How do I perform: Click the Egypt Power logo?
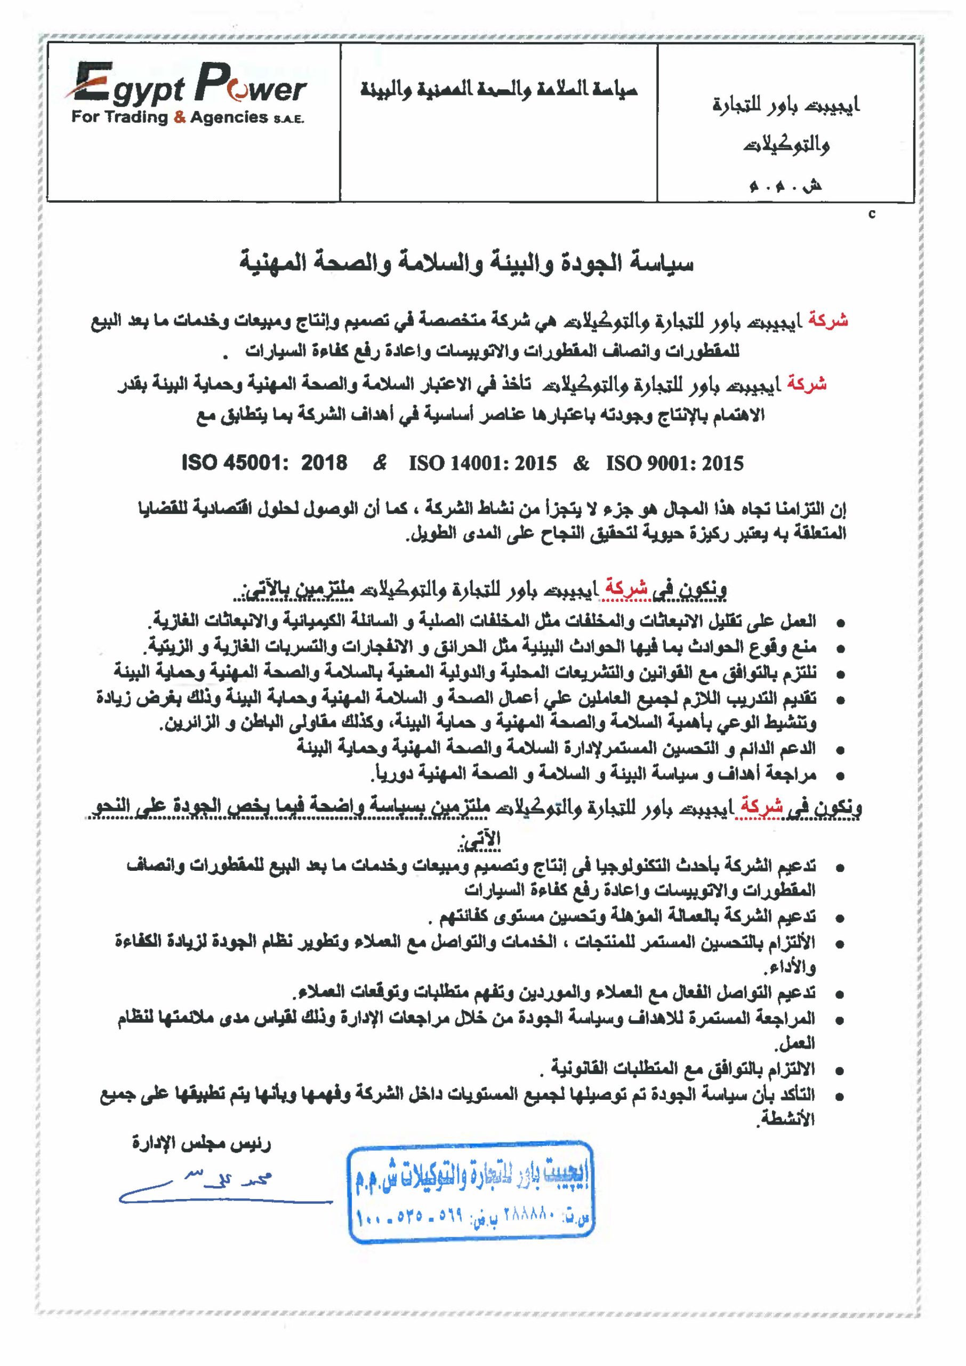point(189,95)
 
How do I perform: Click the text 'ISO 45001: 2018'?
point(265,463)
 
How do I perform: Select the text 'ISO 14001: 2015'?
point(482,463)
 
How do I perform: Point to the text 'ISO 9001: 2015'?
point(674,463)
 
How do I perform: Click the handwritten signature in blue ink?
point(220,1181)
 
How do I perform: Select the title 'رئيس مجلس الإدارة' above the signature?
point(201,1144)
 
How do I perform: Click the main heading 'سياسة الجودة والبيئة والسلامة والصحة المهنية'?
point(466,263)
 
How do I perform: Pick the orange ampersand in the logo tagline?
point(180,117)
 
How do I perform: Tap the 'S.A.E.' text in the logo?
point(288,119)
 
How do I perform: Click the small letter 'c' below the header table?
point(872,215)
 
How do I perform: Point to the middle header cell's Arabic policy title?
point(499,91)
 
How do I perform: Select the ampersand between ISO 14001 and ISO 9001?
point(581,463)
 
